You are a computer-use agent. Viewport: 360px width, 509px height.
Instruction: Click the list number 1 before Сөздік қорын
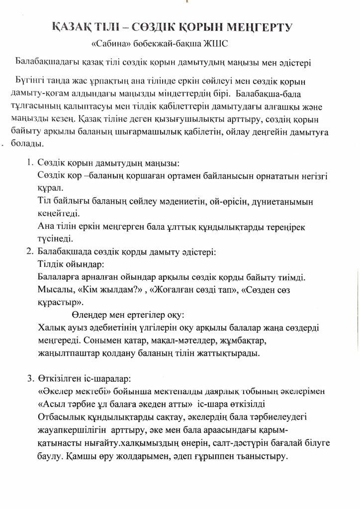click(x=29, y=163)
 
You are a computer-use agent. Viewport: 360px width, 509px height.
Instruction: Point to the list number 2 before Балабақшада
click(x=29, y=252)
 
